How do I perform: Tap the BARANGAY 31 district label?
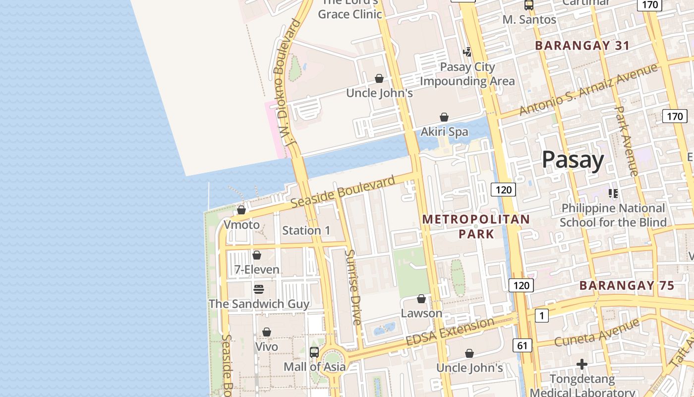[x=582, y=46]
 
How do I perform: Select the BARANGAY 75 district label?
[x=627, y=285]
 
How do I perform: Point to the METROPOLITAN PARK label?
[x=476, y=226]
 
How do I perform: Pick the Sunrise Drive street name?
[x=353, y=287]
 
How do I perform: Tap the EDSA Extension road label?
[x=450, y=332]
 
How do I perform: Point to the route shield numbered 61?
[x=522, y=345]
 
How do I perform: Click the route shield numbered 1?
[x=542, y=315]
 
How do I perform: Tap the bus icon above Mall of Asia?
[x=314, y=352]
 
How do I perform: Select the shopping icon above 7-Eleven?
[x=257, y=256]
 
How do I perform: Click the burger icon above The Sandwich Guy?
[x=258, y=289]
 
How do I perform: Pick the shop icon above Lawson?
[x=421, y=299]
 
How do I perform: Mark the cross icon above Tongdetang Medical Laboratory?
[x=582, y=365]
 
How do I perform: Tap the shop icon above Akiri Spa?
[x=444, y=118]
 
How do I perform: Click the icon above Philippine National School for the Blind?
[x=613, y=194]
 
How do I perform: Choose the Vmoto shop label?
[x=241, y=225]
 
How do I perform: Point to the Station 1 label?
[x=306, y=230]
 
